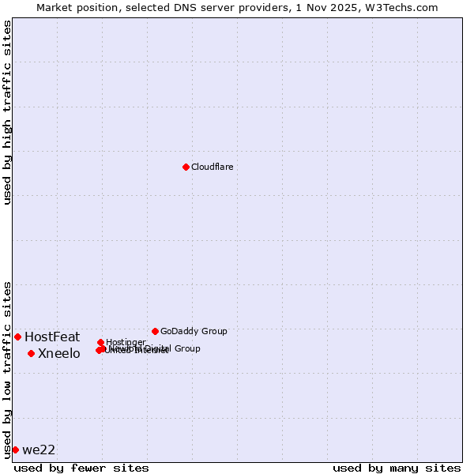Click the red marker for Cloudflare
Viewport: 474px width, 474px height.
pyautogui.click(x=186, y=167)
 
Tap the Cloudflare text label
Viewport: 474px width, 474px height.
pyautogui.click(x=212, y=167)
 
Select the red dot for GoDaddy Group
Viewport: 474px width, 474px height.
pyautogui.click(x=155, y=331)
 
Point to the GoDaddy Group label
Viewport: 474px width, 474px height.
pyautogui.click(x=194, y=332)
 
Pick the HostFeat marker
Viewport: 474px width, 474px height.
pyautogui.click(x=17, y=337)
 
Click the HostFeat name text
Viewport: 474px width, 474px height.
pyautogui.click(x=52, y=337)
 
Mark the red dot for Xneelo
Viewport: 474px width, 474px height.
pyautogui.click(x=31, y=353)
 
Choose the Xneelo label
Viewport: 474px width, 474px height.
pyautogui.click(x=59, y=354)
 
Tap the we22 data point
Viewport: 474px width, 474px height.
pyautogui.click(x=15, y=450)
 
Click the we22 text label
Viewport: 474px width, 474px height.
pyautogui.click(x=39, y=450)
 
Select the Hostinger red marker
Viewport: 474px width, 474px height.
pyautogui.click(x=100, y=342)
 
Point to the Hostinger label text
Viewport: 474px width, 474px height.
pyautogui.click(x=126, y=342)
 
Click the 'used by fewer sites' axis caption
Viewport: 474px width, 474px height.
pyautogui.click(x=81, y=468)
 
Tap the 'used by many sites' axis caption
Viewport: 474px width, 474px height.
pyautogui.click(x=397, y=468)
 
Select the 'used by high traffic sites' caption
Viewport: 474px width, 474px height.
pyautogui.click(x=7, y=112)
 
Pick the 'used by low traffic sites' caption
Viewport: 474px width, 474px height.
pyautogui.click(x=7, y=369)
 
